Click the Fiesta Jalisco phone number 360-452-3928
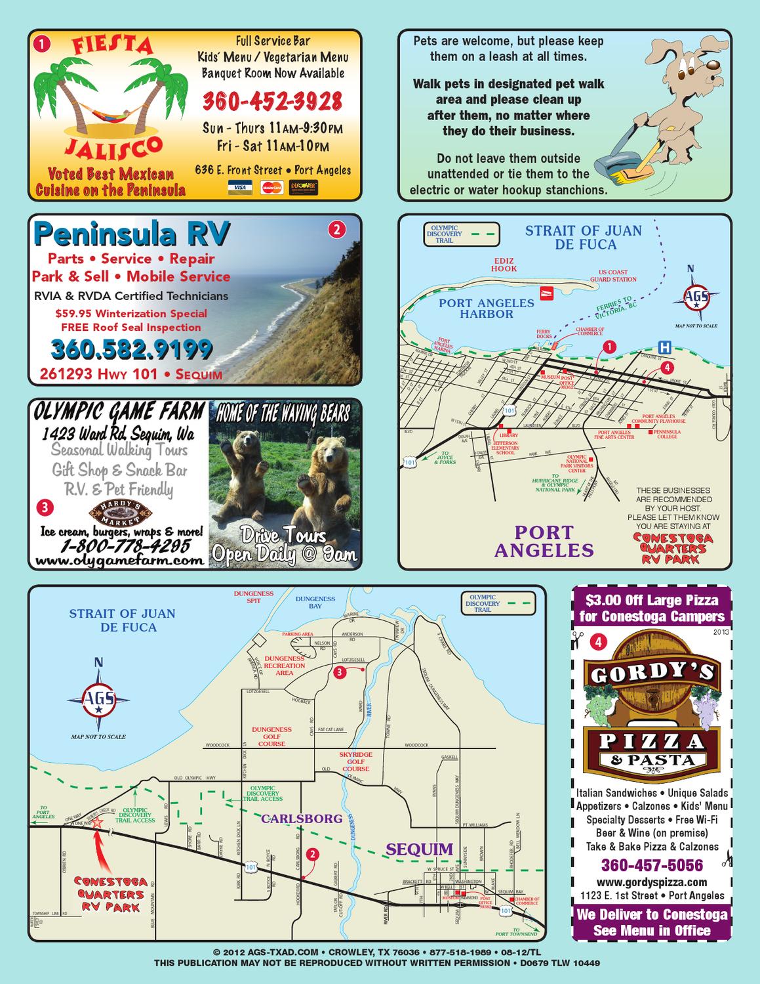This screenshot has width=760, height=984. coord(272,102)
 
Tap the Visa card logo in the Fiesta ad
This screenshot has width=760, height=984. coord(240,187)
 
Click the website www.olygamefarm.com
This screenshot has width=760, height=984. coord(119,561)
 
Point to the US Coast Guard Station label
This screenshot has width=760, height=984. coord(612,276)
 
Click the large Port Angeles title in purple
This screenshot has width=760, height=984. coord(544,541)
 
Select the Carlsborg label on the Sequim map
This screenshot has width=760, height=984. coord(302,819)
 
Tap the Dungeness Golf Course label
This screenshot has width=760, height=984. coord(271,737)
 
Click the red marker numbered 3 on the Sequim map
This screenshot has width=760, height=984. coord(339,672)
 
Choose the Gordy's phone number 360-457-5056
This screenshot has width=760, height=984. coord(651,865)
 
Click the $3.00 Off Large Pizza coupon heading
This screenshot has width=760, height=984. coord(651,608)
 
